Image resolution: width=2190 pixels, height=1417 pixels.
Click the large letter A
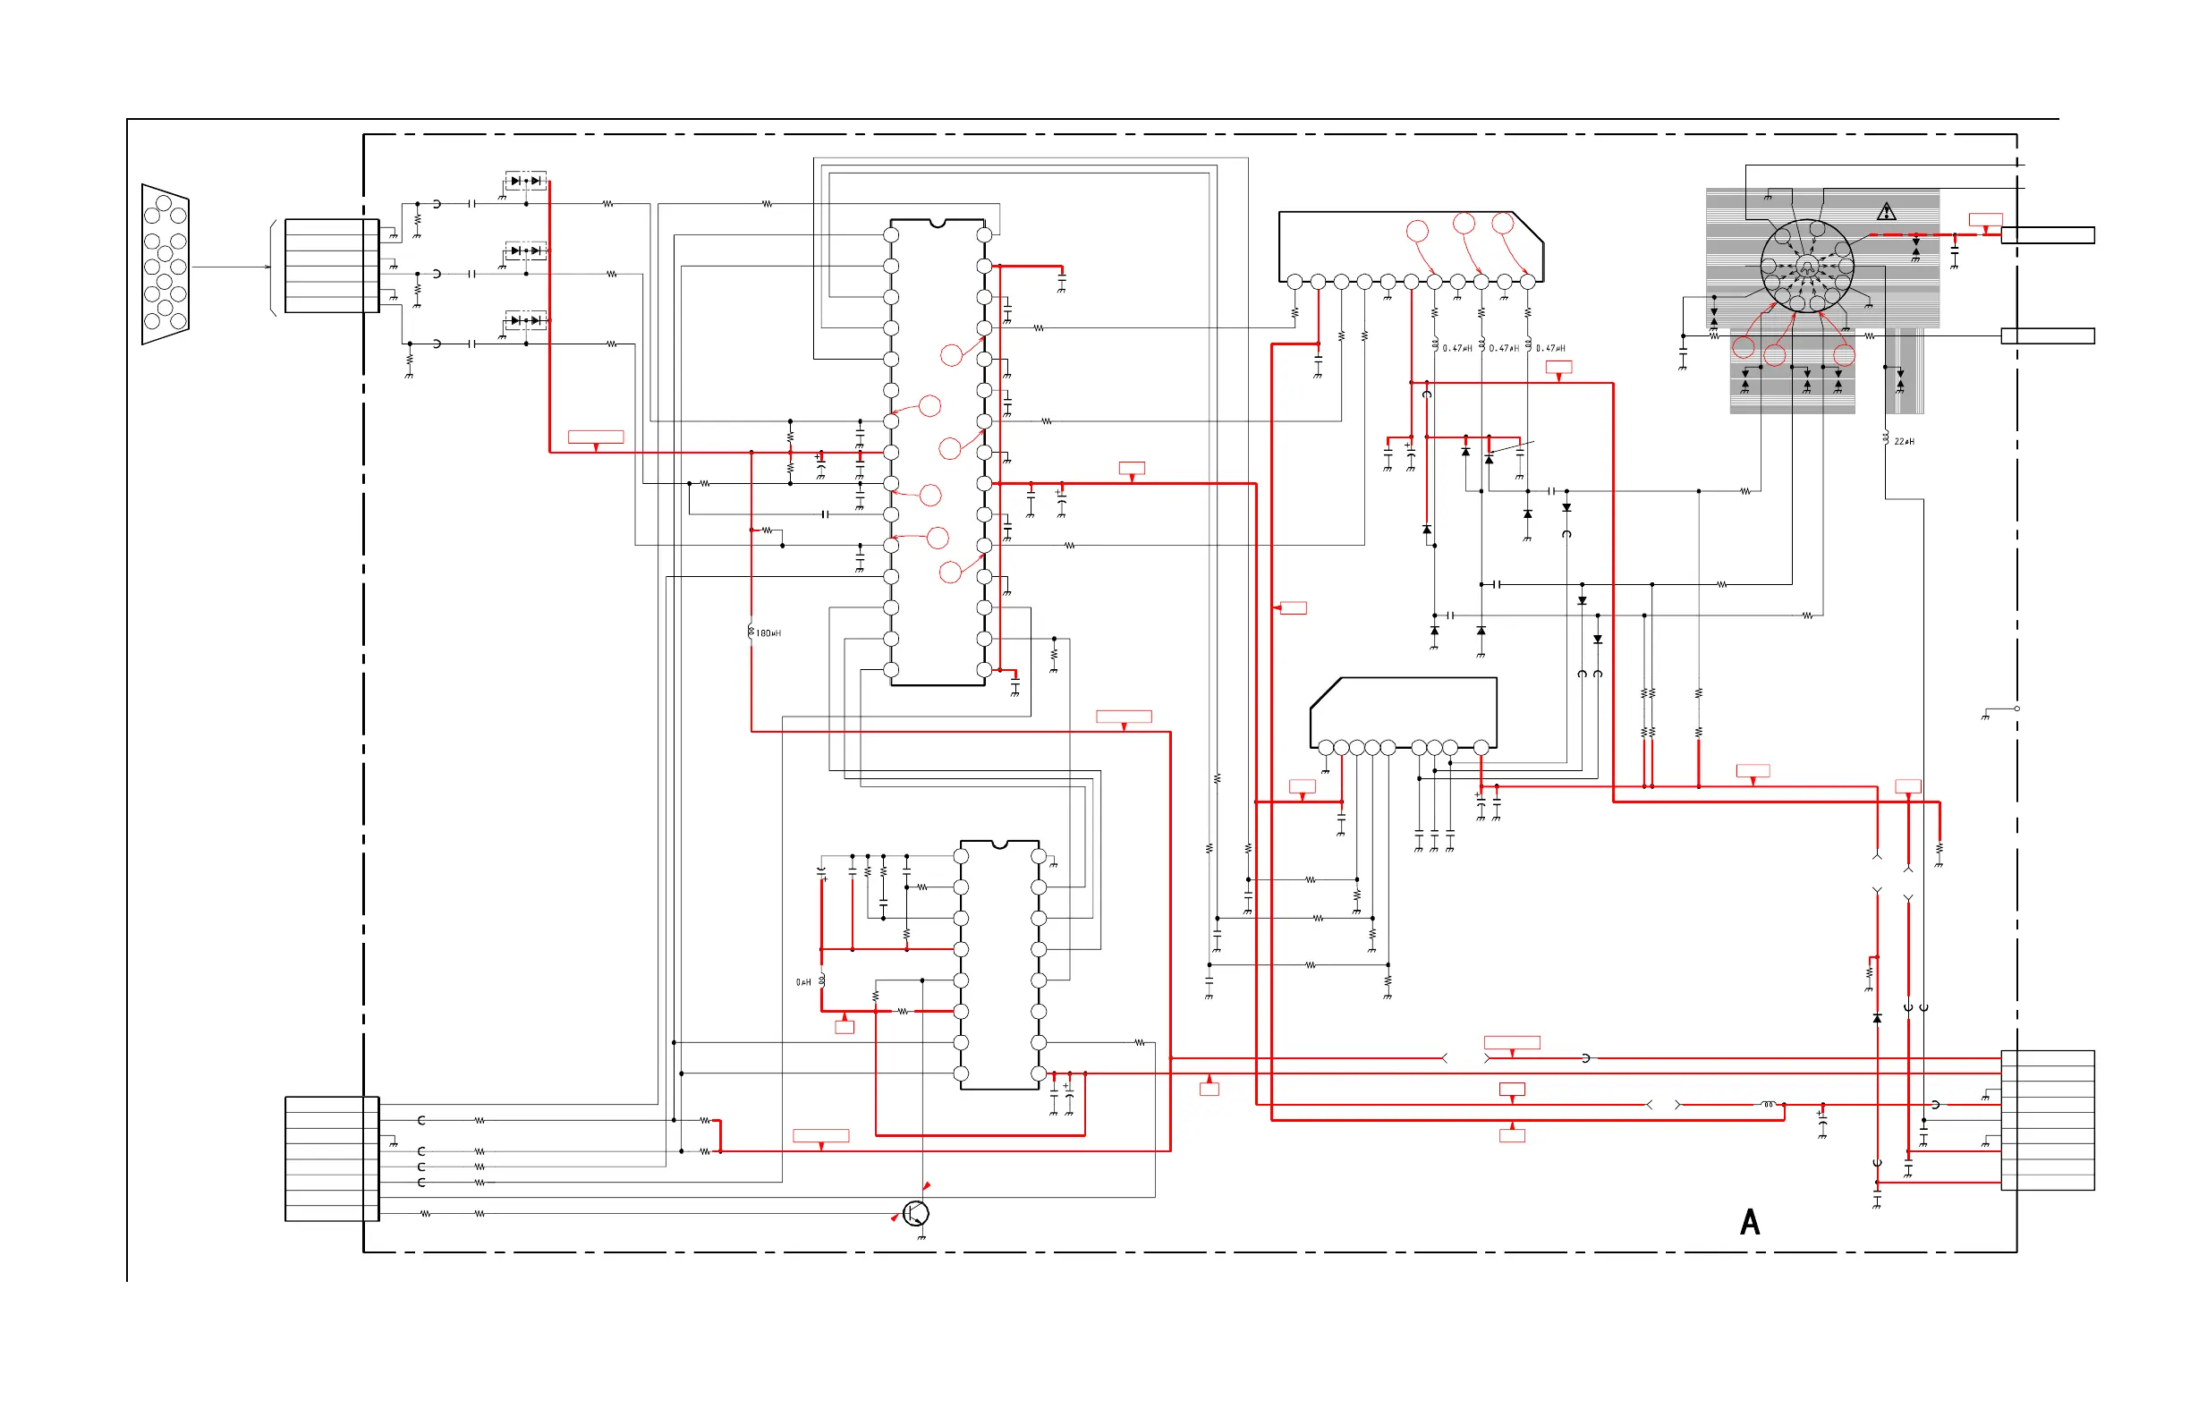point(1749,1222)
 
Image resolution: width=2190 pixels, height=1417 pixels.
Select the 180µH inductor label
point(768,633)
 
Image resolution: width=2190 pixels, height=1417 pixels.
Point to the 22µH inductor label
point(1904,442)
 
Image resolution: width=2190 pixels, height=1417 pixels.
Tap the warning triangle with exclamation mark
point(1887,213)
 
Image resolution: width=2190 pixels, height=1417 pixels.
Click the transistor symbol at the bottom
point(915,1214)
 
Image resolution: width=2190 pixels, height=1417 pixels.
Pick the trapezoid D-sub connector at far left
point(166,264)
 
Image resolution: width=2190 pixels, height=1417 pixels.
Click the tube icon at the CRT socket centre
point(1806,267)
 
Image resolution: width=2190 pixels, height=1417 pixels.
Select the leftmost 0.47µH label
point(1456,349)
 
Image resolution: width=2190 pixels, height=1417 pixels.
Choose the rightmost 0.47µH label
point(1550,349)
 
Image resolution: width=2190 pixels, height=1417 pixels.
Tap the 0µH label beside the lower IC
point(803,983)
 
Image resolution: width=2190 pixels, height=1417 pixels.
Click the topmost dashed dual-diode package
point(525,181)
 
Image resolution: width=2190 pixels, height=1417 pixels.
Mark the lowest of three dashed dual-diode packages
point(525,320)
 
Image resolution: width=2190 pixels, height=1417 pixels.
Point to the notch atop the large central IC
point(937,223)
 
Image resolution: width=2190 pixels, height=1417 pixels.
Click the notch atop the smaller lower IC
point(999,844)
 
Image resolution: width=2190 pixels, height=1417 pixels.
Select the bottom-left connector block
point(332,1158)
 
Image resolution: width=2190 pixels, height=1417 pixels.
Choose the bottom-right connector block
point(2048,1120)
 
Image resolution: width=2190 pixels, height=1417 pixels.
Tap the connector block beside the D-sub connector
point(332,266)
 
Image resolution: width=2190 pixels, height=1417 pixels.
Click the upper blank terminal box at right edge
point(2048,235)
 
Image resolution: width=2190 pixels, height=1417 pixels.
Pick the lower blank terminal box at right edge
point(2048,335)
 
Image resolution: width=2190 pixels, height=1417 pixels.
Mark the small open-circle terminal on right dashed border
point(2017,708)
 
